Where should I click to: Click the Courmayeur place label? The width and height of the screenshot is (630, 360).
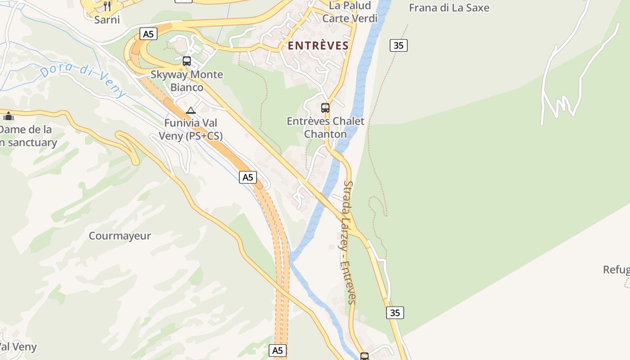click(x=120, y=236)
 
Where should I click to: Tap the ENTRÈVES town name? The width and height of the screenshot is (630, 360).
click(x=319, y=45)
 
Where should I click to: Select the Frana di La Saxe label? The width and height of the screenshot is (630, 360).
click(x=449, y=8)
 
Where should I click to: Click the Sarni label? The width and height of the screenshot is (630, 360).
click(x=107, y=19)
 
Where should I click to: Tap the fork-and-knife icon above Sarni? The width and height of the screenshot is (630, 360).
click(x=107, y=6)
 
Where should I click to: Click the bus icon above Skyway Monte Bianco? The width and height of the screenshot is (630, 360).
click(x=187, y=61)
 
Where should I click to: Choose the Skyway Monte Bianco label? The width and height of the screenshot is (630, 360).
click(x=187, y=81)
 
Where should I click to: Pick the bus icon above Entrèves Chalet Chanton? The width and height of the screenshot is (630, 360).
click(x=325, y=108)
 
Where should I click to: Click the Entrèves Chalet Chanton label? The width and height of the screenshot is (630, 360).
click(x=325, y=127)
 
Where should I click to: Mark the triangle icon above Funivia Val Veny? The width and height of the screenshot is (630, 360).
click(x=191, y=110)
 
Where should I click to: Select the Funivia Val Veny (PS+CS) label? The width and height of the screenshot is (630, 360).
click(x=191, y=129)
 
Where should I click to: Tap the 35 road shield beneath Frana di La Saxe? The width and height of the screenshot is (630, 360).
click(x=398, y=45)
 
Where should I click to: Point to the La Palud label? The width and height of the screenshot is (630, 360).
click(x=350, y=5)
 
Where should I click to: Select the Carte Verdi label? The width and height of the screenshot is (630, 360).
click(x=350, y=18)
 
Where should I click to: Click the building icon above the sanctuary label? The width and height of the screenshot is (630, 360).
click(x=9, y=117)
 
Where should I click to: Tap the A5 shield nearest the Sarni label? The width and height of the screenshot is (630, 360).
click(x=148, y=34)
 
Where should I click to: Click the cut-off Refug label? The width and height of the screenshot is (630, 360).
click(x=616, y=270)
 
